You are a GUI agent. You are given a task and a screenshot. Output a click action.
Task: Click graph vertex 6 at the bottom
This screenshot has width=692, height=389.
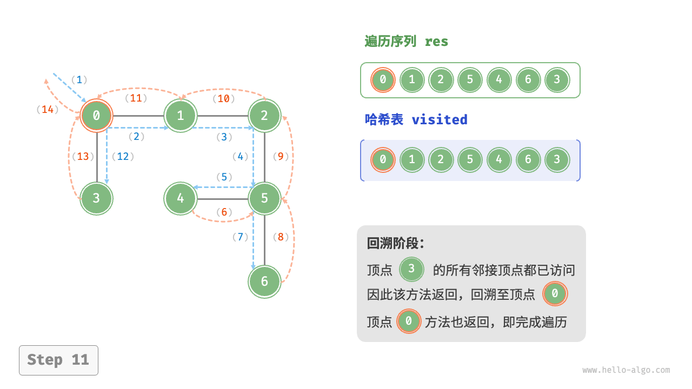point(264,281)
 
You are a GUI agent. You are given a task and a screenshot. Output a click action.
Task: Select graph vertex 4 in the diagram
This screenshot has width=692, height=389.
point(181,198)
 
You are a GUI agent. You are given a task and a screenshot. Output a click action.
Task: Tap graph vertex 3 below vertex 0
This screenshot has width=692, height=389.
point(96,198)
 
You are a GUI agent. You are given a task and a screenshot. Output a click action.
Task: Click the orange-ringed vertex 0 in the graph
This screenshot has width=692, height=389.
point(96,115)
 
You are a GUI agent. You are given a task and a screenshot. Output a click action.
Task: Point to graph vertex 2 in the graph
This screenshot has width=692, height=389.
point(264,115)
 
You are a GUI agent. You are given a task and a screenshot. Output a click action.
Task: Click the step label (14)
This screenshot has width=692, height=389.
point(48,110)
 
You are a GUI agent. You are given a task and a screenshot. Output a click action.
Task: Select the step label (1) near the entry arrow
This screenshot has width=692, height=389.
point(79,80)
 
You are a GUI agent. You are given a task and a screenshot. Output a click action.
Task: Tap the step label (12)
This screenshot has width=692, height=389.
point(123,157)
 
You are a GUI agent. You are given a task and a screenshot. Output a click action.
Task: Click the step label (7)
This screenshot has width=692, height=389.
point(239,237)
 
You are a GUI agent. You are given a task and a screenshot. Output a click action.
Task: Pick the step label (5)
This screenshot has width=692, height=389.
point(224,177)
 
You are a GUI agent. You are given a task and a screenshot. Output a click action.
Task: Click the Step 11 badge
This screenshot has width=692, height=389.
point(58,360)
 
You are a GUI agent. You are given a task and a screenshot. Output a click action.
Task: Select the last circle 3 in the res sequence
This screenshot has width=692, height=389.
point(557,80)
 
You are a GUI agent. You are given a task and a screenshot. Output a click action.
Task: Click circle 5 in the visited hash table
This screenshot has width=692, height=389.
point(470,160)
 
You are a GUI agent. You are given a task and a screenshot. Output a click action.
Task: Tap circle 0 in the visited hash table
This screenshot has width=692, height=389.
point(383,160)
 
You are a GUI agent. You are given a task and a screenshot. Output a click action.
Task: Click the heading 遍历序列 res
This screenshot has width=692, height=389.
point(407,42)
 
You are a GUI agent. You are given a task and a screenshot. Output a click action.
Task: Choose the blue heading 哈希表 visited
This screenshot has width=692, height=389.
point(416,119)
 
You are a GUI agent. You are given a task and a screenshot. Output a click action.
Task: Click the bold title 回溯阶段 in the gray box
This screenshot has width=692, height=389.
point(396,244)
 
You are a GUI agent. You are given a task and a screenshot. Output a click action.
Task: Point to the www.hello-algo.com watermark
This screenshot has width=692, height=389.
point(626,370)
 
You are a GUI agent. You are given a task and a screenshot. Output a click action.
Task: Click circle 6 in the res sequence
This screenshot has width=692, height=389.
point(528,80)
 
